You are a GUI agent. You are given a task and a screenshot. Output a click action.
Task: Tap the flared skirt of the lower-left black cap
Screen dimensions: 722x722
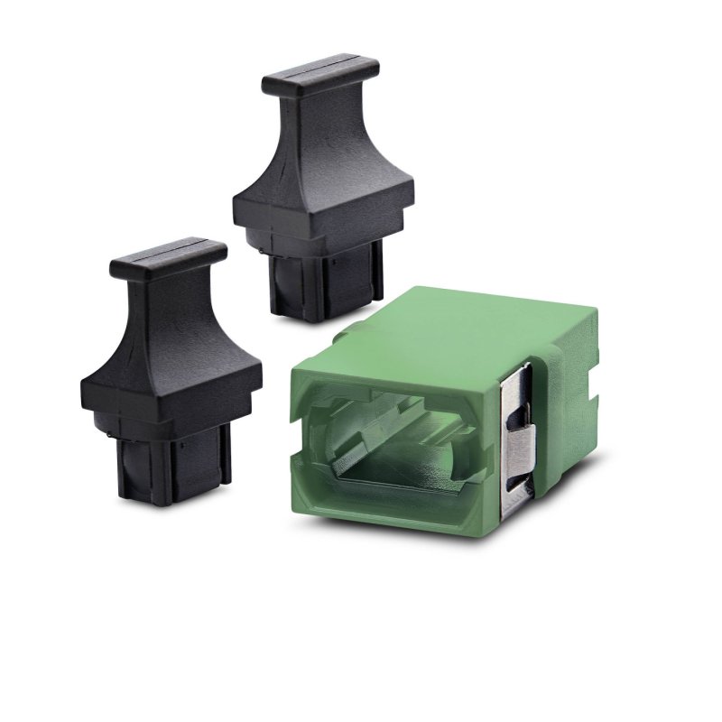coord(171,370)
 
